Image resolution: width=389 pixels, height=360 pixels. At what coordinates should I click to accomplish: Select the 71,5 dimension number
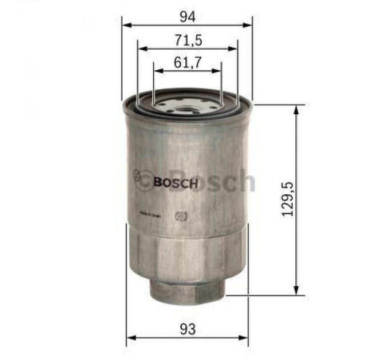click(187, 40)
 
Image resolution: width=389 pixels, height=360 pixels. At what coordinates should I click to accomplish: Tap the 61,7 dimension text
click(187, 63)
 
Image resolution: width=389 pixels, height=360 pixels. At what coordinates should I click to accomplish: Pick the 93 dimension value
click(187, 330)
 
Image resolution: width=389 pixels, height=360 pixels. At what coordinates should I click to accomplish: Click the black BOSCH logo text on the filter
click(176, 183)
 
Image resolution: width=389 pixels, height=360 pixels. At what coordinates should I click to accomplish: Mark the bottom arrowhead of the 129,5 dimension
click(296, 291)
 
